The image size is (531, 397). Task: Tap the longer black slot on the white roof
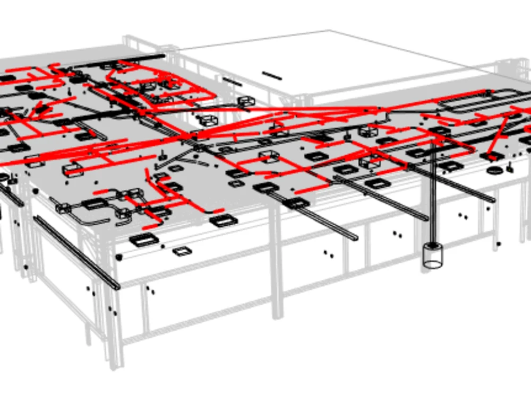[272, 75]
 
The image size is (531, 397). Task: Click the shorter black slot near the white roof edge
[232, 82]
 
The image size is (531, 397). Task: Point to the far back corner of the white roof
[329, 31]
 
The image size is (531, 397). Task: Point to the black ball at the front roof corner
[119, 257]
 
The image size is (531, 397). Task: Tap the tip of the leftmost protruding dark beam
[354, 236]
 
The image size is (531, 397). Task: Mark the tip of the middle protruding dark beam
[424, 217]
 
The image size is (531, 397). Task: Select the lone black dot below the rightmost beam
[499, 244]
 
